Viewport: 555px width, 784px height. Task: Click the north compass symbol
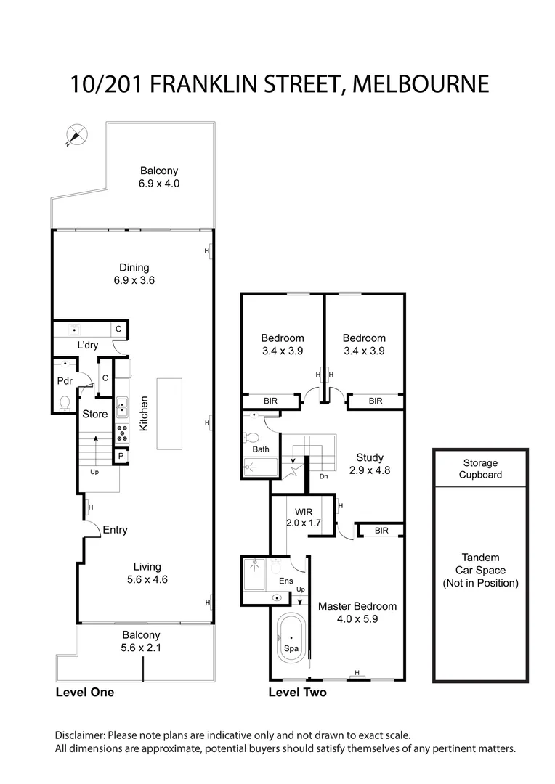76,134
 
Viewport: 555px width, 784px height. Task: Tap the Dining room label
134,268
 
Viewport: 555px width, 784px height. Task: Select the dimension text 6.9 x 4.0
158,184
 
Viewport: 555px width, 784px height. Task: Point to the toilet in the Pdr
65,401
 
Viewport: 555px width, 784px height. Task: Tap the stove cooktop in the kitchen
122,433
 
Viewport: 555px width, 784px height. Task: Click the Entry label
115,530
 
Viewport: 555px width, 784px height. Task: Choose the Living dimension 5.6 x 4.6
147,579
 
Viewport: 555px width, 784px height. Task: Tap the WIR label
304,511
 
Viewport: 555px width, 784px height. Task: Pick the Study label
370,457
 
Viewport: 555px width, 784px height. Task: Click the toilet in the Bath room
251,438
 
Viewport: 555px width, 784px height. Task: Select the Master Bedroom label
357,606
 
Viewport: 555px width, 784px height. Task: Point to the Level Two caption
297,693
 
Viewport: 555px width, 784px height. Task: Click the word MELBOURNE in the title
420,83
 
